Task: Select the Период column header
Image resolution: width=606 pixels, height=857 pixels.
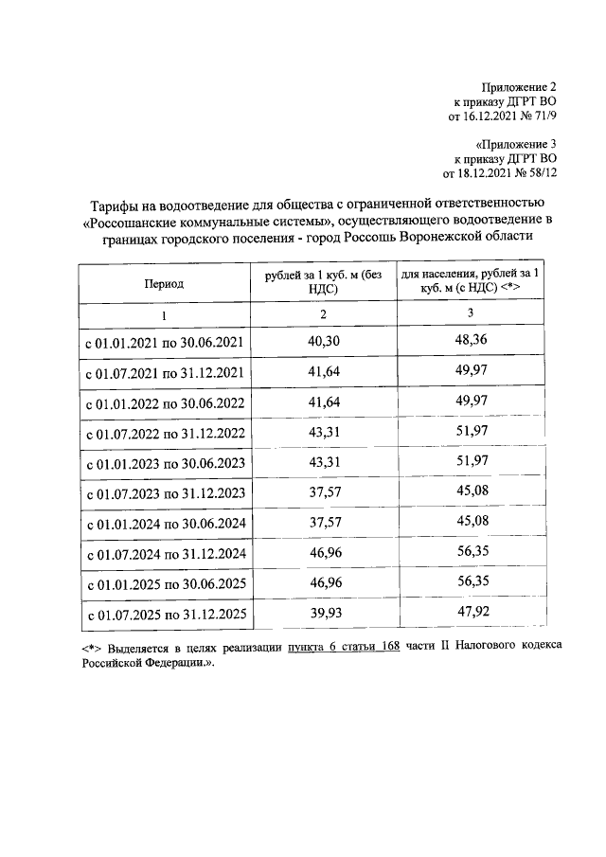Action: click(x=164, y=283)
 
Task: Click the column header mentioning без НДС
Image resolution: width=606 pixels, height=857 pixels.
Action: click(x=324, y=282)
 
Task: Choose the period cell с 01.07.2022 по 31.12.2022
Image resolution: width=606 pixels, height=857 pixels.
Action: click(x=166, y=434)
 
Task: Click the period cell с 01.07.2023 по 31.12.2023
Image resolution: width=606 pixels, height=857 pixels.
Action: click(x=166, y=493)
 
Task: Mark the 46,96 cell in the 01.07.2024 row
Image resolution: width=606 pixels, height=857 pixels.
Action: click(x=324, y=553)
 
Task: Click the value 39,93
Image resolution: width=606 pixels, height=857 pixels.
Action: click(x=324, y=613)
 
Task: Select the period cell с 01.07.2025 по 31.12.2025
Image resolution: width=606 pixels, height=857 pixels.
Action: click(x=166, y=615)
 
